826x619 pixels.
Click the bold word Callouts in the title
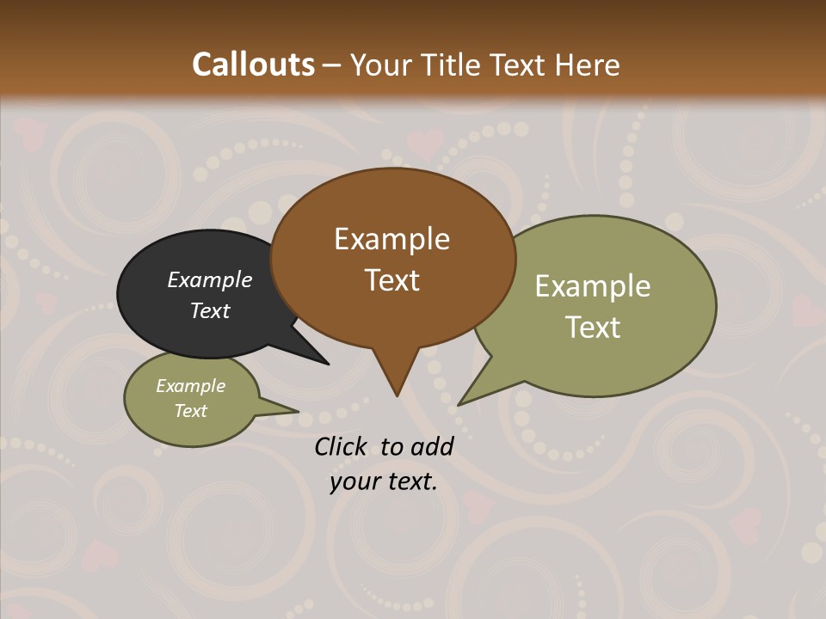[253, 64]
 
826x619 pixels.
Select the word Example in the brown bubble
[391, 239]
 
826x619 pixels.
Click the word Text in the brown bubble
[391, 280]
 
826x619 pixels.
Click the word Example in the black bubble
[209, 279]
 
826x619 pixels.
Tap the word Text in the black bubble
[209, 310]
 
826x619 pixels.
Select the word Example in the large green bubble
[593, 286]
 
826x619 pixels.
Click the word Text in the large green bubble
[593, 328]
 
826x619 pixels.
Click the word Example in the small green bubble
[190, 386]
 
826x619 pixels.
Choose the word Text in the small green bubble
[190, 411]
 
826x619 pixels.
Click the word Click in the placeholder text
[342, 446]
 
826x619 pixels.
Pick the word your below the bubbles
[354, 481]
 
